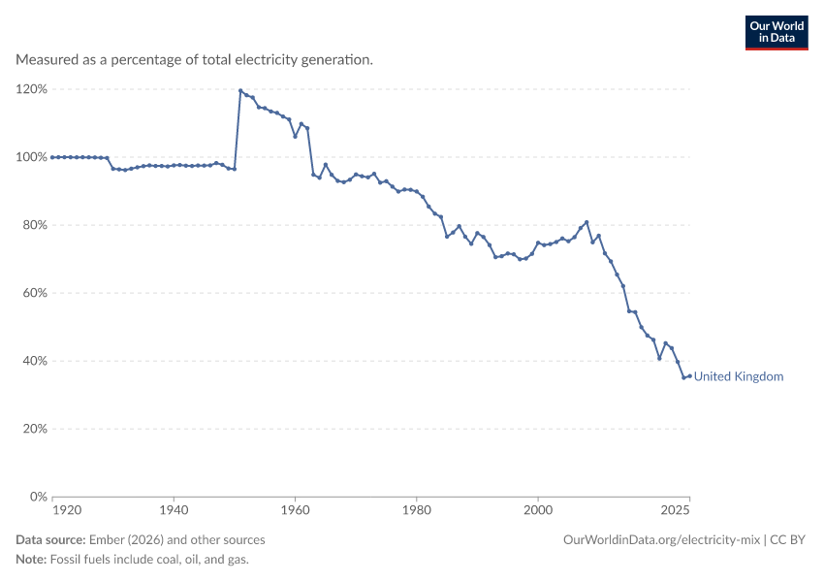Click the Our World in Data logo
click(x=776, y=33)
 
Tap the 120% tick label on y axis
click(x=32, y=89)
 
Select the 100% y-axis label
click(x=32, y=157)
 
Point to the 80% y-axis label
click(x=35, y=225)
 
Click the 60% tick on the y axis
click(x=35, y=293)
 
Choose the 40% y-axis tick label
click(x=35, y=361)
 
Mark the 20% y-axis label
click(x=35, y=429)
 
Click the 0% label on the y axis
click(x=39, y=497)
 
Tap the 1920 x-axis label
click(x=67, y=510)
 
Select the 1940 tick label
click(x=174, y=510)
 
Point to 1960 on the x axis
click(x=295, y=510)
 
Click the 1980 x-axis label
click(x=417, y=510)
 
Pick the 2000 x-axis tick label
click(x=538, y=510)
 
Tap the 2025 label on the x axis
click(x=676, y=510)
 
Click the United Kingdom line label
click(x=739, y=376)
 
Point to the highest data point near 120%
click(x=240, y=90)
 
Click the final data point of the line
click(x=690, y=376)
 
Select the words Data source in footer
click(x=50, y=540)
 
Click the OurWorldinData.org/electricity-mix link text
click(x=661, y=540)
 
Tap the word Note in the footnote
click(x=31, y=559)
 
